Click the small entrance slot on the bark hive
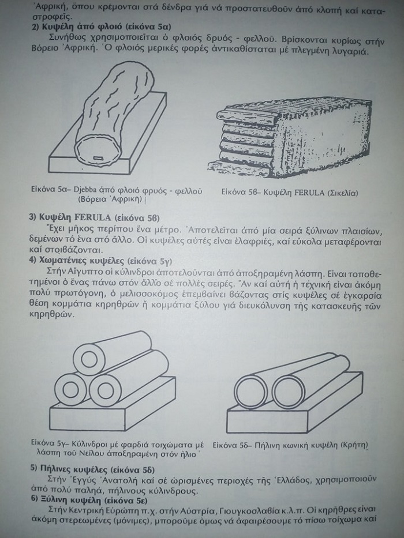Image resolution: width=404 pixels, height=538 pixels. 99,158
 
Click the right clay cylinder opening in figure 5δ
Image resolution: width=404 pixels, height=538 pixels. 288,391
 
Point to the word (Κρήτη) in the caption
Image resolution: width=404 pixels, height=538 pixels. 354,445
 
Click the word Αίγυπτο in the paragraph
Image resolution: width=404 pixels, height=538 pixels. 82,272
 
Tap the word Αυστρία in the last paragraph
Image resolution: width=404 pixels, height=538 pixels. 200,510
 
